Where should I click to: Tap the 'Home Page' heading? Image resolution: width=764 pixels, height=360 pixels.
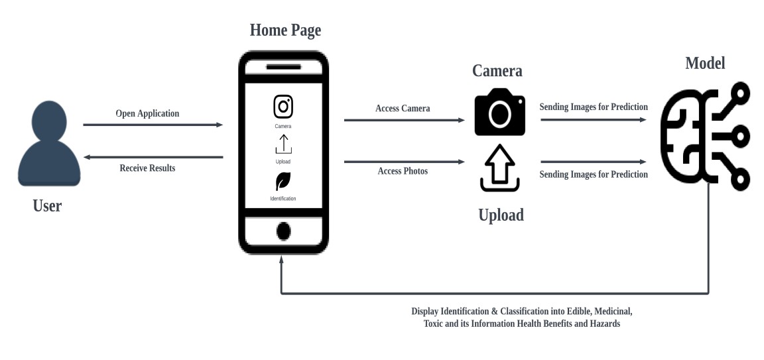coord(285,30)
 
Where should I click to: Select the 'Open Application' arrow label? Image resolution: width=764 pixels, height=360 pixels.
coord(147,113)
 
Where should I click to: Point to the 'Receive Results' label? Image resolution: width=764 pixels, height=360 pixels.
coord(147,168)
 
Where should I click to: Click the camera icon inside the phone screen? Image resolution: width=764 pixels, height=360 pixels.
coord(283,106)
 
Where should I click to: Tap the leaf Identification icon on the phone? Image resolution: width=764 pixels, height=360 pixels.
coord(283,181)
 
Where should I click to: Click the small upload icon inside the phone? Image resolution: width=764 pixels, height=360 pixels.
coord(283,145)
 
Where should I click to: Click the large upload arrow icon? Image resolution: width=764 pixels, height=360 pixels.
coord(499,169)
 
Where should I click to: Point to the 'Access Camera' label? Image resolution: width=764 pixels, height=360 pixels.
coord(403,108)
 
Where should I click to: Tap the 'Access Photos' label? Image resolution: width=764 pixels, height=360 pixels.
coord(403,171)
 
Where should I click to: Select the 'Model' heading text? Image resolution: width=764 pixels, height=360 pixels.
coord(705,64)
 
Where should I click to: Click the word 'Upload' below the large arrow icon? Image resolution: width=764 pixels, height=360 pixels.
coord(501,215)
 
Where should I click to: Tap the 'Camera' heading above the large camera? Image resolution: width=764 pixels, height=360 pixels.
coord(497,71)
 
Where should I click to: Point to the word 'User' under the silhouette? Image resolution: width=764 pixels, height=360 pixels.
coord(47,206)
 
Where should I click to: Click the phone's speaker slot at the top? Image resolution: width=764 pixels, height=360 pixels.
coord(283,68)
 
